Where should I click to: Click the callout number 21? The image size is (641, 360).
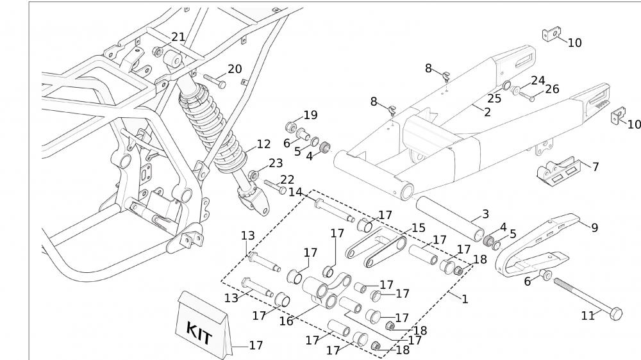pyautogui.click(x=178, y=37)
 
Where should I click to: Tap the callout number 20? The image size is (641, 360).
pyautogui.click(x=235, y=69)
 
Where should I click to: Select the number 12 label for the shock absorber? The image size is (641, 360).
pyautogui.click(x=263, y=145)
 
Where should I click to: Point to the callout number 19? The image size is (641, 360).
pyautogui.click(x=310, y=115)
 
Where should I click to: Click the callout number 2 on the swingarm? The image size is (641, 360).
pyautogui.click(x=487, y=112)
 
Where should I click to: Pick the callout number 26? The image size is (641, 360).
pyautogui.click(x=551, y=89)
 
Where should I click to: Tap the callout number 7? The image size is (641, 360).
pyautogui.click(x=595, y=167)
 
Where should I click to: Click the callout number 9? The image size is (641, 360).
pyautogui.click(x=595, y=227)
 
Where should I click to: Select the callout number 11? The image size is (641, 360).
pyautogui.click(x=588, y=315)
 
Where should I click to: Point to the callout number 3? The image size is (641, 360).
pyautogui.click(x=485, y=213)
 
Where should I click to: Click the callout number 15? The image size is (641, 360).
pyautogui.click(x=418, y=227)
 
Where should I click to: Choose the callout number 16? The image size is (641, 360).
pyautogui.click(x=286, y=321)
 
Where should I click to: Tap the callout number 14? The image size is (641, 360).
pyautogui.click(x=296, y=192)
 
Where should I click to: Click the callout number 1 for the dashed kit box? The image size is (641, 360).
pyautogui.click(x=465, y=299)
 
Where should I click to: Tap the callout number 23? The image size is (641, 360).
pyautogui.click(x=276, y=163)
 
